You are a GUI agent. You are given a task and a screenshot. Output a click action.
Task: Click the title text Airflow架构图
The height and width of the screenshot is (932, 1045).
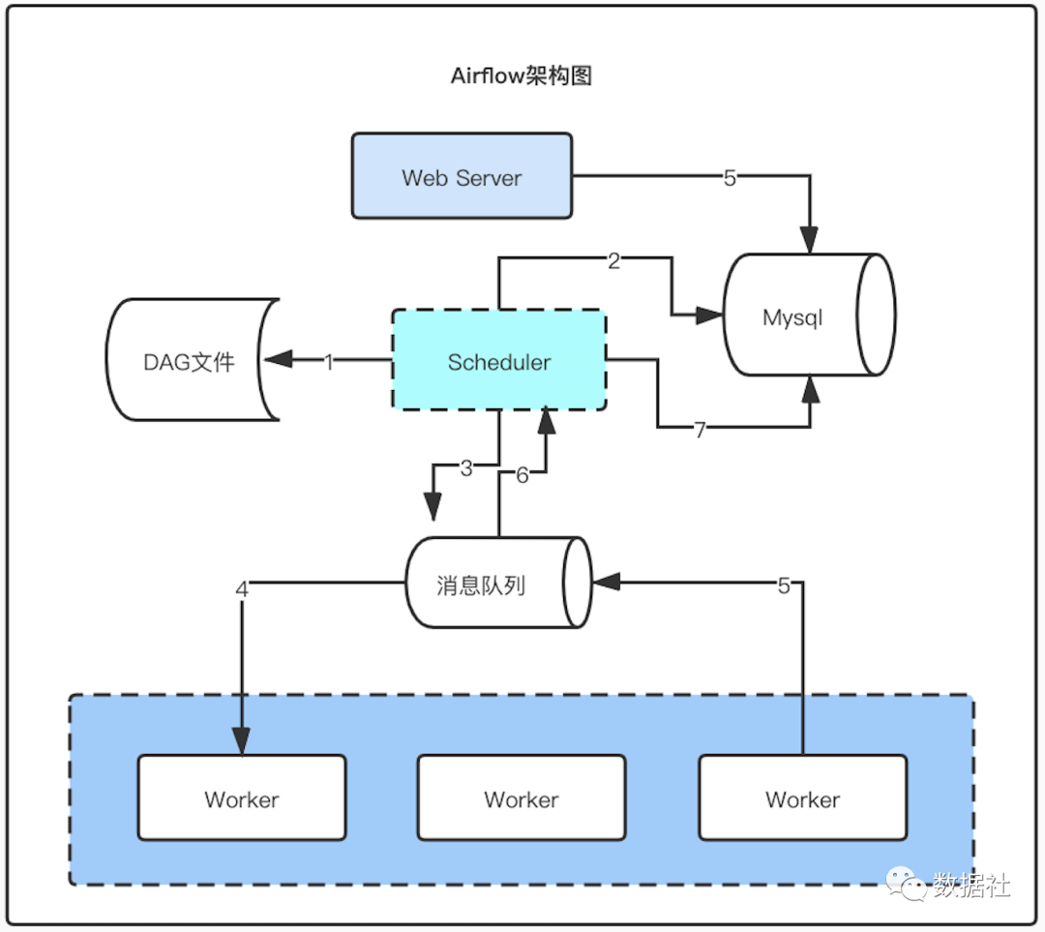click(x=521, y=76)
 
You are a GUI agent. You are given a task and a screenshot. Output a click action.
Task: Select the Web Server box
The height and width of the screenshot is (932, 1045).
click(x=462, y=177)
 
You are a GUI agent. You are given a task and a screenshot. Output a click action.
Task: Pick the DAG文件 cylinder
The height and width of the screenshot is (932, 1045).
click(x=190, y=362)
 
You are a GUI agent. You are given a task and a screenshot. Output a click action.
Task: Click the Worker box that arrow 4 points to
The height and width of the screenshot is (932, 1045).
click(x=242, y=798)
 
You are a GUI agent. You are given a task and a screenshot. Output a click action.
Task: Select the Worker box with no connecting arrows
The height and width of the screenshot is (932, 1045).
click(x=522, y=798)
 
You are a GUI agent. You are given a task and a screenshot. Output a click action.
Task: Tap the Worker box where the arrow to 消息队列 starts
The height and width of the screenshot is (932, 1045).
click(x=802, y=798)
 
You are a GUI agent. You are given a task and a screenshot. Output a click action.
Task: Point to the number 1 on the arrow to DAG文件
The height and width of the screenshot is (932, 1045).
click(x=328, y=362)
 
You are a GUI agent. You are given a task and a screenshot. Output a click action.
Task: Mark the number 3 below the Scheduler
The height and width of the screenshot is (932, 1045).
click(x=466, y=467)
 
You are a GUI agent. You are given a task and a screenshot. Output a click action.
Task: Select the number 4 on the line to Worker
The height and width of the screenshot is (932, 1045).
click(x=242, y=587)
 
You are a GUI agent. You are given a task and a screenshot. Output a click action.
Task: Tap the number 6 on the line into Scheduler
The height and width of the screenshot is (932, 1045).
click(x=522, y=474)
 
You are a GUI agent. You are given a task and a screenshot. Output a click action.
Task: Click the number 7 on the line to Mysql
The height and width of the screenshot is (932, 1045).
click(x=700, y=429)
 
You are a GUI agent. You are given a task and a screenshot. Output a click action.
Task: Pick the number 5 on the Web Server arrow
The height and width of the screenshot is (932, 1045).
click(x=730, y=177)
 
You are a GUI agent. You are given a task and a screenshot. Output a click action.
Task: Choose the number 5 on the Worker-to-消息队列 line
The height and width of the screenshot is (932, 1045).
click(x=785, y=584)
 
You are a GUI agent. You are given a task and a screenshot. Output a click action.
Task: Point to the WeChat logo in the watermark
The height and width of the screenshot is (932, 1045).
click(x=910, y=886)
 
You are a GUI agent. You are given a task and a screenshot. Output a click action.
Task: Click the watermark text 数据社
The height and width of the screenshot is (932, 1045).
click(x=971, y=886)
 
